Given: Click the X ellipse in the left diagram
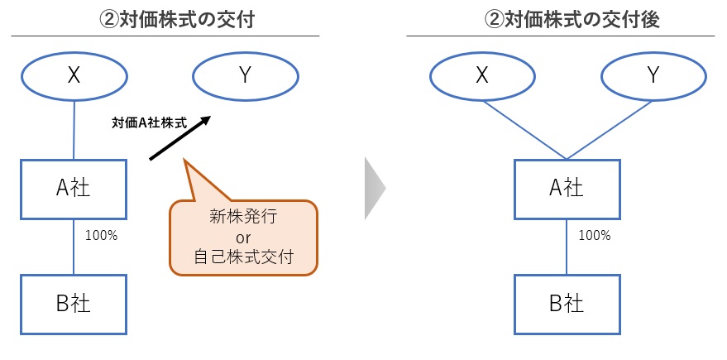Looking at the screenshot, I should tap(74, 76).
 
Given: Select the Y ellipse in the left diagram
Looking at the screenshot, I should tap(244, 76).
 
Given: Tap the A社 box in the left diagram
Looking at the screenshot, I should tap(74, 190).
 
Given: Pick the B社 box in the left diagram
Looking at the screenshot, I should tap(74, 304).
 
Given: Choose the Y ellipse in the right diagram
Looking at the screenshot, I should tap(653, 76).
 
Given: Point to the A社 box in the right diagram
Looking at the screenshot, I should tap(567, 190).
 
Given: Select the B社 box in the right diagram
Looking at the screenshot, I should tap(567, 304).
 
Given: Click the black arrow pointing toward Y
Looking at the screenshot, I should tap(179, 137).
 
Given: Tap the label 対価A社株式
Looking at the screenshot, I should tap(149, 123).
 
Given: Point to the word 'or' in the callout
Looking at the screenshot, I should tap(243, 238).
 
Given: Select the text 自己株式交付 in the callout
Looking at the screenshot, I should tap(243, 257).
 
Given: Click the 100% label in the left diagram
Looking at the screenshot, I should tap(101, 235).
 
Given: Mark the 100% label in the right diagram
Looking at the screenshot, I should tap(594, 235).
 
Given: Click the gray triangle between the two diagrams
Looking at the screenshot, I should tap(375, 189).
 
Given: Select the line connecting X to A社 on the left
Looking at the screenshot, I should tap(74, 129).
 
